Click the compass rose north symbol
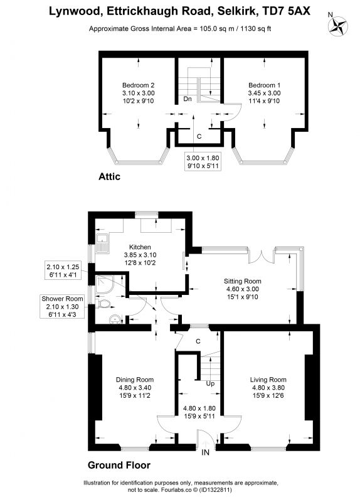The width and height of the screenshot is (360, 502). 339,25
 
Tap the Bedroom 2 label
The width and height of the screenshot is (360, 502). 138,93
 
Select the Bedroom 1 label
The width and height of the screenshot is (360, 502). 264,93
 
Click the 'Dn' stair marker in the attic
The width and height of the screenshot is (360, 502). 188,99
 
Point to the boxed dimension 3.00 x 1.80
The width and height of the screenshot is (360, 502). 203,162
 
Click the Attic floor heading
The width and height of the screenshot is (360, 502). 109,176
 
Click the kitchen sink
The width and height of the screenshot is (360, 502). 102,243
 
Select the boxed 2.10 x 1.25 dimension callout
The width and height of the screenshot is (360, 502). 63,270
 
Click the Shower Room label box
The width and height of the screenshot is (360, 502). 62,307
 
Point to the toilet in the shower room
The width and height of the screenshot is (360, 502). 103,304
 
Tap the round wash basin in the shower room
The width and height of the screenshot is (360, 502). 115,319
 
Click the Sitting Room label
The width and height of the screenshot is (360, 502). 242,289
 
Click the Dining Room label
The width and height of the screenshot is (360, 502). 135,387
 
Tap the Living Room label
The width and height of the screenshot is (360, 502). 268,387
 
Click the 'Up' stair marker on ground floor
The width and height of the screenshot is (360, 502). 210,383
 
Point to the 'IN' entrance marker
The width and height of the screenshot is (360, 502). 206,452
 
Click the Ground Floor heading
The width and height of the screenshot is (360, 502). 119,465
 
